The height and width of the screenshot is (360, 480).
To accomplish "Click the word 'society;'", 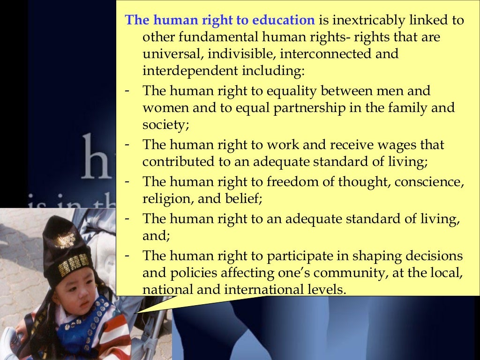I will click(161, 125).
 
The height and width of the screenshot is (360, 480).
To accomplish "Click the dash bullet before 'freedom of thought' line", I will click(127, 180).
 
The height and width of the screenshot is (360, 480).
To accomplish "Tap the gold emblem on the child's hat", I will click(66, 240).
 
